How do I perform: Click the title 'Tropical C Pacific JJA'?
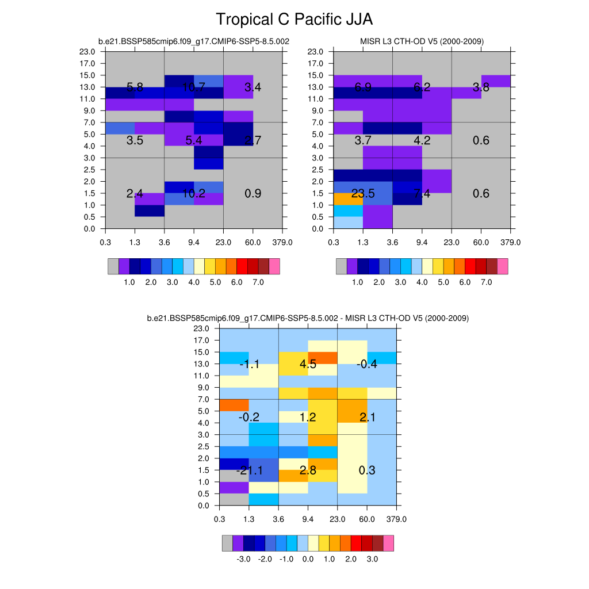(x=294, y=20)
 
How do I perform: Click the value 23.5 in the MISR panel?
(x=363, y=194)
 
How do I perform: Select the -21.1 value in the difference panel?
(x=249, y=471)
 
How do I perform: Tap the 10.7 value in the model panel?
(x=194, y=87)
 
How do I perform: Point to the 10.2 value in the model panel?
(x=194, y=194)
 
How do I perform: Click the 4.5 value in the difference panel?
(x=308, y=364)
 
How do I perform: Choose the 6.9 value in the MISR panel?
(x=363, y=87)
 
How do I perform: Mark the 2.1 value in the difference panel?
(x=367, y=417)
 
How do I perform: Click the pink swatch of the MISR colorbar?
(x=503, y=266)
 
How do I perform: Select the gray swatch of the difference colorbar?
(x=228, y=543)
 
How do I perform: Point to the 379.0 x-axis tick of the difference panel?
(x=396, y=519)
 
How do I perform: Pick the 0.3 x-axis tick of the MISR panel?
(x=334, y=242)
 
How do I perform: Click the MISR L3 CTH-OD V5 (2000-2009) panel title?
(x=422, y=41)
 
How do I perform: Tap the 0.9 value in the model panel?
(x=253, y=194)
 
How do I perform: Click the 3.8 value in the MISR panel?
(x=481, y=87)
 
